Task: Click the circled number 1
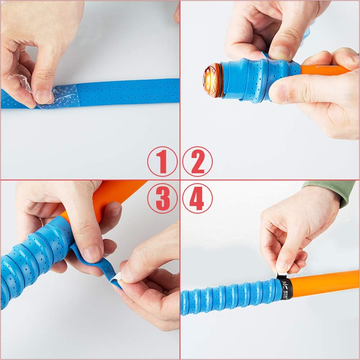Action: (x=162, y=161)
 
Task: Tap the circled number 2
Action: (x=197, y=161)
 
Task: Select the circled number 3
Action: (x=162, y=198)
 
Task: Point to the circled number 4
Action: (x=197, y=198)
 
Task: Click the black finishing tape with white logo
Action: (x=285, y=288)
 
